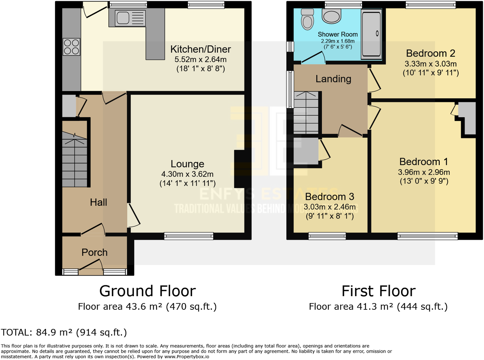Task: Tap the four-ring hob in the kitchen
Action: pyautogui.click(x=71, y=47)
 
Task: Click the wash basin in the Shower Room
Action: pyautogui.click(x=331, y=16)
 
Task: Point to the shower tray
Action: pyautogui.click(x=371, y=34)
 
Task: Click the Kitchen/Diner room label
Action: pyautogui.click(x=201, y=49)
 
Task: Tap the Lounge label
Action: pyautogui.click(x=187, y=164)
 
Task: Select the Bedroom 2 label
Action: pyautogui.click(x=430, y=53)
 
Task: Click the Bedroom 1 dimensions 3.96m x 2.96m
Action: pyautogui.click(x=424, y=172)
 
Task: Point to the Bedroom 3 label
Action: pyautogui.click(x=330, y=197)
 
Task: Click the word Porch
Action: pyautogui.click(x=94, y=253)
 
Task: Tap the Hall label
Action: pyautogui.click(x=98, y=202)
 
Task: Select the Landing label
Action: pyautogui.click(x=333, y=79)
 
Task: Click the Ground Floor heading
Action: pyautogui.click(x=148, y=291)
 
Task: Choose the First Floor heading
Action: pyautogui.click(x=378, y=291)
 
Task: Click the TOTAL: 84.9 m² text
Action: pyautogui.click(x=64, y=332)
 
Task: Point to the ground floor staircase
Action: pyautogui.click(x=75, y=159)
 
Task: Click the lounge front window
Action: pyautogui.click(x=189, y=236)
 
